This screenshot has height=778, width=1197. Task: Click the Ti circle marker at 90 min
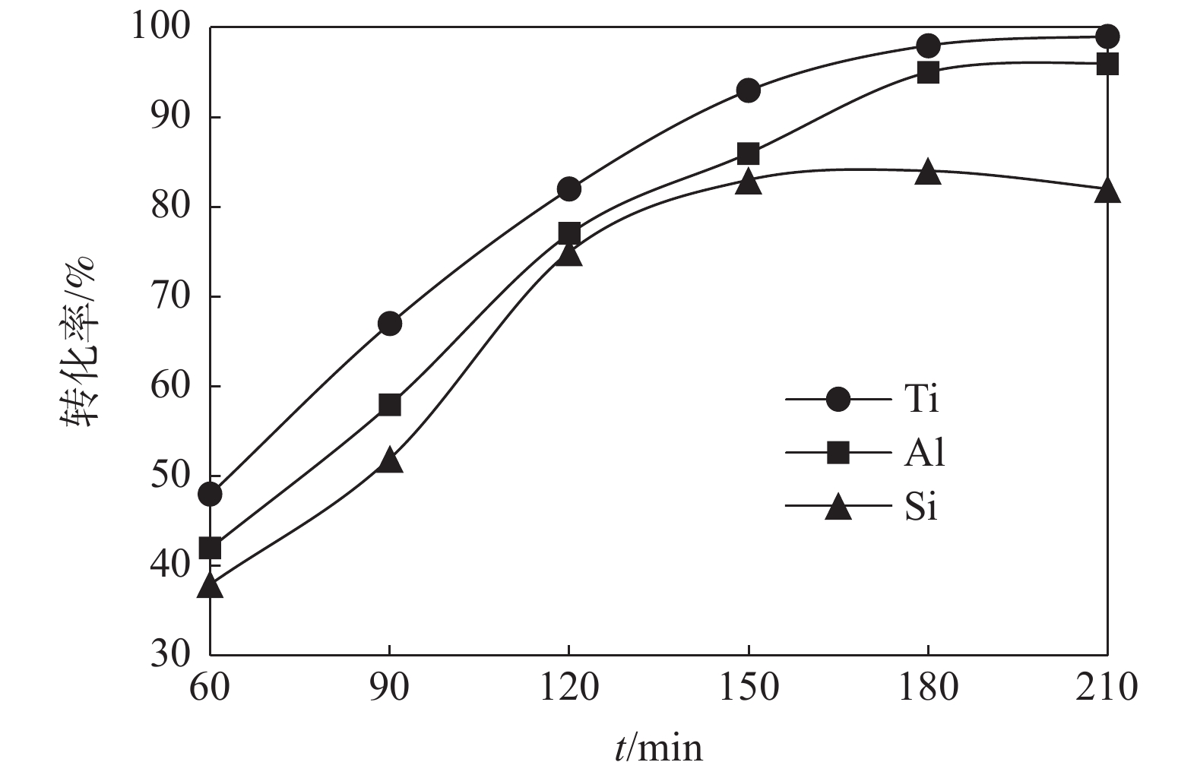[x=389, y=324]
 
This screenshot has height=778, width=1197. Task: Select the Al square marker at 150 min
[x=748, y=153]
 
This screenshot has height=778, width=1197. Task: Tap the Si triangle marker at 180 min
[x=928, y=172]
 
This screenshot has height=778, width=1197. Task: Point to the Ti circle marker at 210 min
[x=1107, y=36]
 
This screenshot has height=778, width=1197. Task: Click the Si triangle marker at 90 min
[x=389, y=460]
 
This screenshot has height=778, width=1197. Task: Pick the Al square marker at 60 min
[x=210, y=548]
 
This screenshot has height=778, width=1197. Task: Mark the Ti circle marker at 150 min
[x=748, y=90]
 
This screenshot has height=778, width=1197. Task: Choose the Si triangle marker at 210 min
[x=1107, y=190]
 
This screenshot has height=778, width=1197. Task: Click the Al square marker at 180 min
[x=928, y=73]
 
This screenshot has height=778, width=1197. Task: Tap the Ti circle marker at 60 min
[x=210, y=494]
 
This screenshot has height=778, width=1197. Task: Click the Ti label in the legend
[x=922, y=399]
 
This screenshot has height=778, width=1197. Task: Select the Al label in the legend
[x=925, y=453]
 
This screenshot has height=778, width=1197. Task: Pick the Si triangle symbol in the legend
[x=838, y=507]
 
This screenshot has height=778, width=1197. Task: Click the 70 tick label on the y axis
[x=169, y=296]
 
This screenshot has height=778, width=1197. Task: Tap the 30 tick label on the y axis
[x=169, y=655]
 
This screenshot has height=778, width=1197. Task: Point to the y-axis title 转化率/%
[x=79, y=341]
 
